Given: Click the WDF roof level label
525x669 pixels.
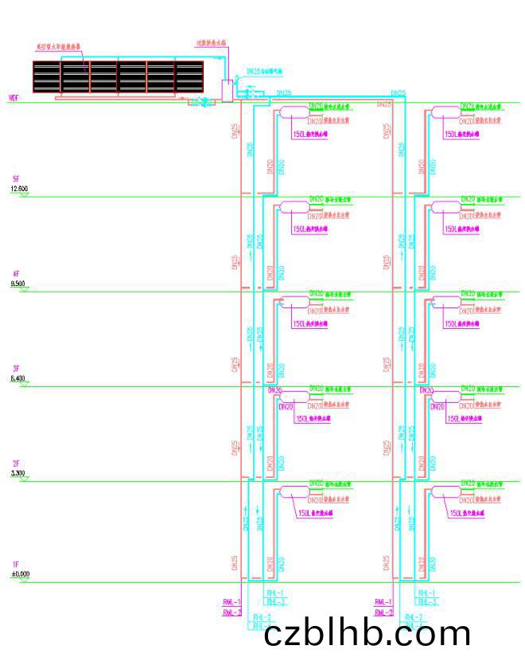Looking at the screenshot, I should coord(13,98).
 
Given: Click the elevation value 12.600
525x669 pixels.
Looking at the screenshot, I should coord(19,188).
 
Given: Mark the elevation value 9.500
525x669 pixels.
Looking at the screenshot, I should coord(18,284).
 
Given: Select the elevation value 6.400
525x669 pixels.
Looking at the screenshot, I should coord(18,378).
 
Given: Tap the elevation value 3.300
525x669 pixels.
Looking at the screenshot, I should coord(18,473).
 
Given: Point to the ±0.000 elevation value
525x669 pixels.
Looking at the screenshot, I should coord(20,573).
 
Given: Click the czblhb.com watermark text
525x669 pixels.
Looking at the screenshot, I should coord(367,635).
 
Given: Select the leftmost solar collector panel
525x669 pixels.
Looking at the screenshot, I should coord(47,76).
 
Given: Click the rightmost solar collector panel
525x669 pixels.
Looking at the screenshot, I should coord(189,76).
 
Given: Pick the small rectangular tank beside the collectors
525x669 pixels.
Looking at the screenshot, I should coord(227,90).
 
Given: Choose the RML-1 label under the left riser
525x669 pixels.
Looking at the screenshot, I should coord(232,602).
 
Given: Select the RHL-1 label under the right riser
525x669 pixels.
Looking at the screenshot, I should coord(426,593).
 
